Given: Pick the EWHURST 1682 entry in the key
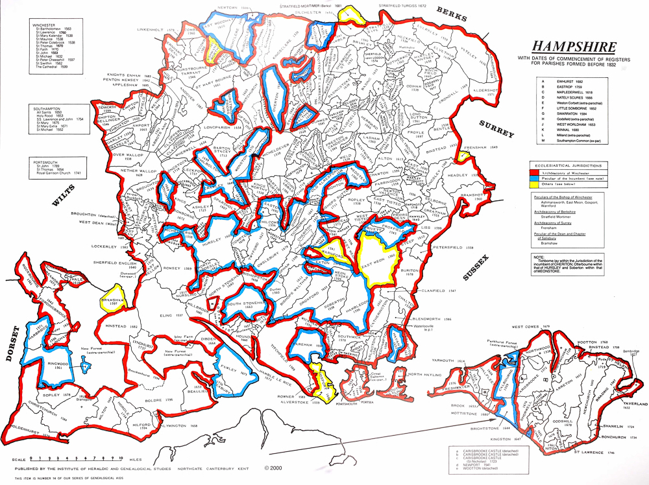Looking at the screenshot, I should pyautogui.click(x=565, y=79).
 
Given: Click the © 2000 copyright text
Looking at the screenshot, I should pyautogui.click(x=274, y=466).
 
